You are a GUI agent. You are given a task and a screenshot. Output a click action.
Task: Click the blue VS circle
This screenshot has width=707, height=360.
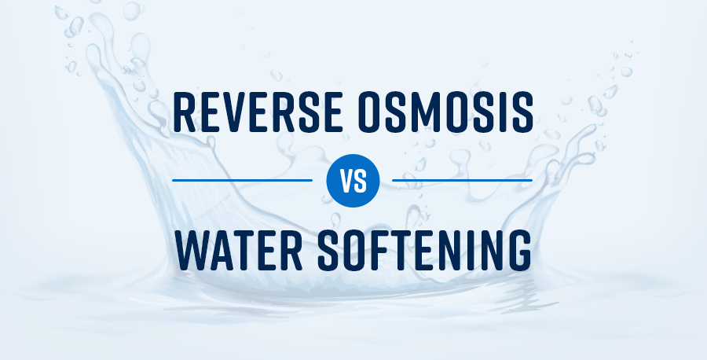[x=353, y=180]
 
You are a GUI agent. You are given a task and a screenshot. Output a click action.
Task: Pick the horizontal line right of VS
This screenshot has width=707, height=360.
[x=462, y=180]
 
